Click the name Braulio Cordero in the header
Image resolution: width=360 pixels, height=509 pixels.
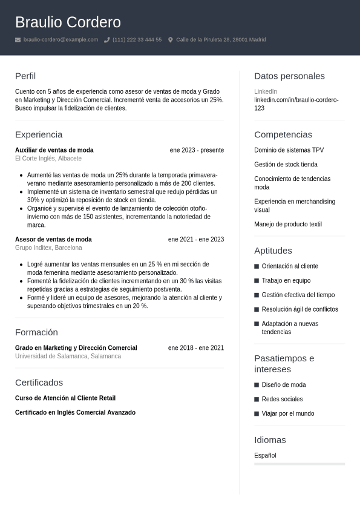click(68, 22)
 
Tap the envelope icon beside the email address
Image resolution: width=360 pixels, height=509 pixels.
click(18, 40)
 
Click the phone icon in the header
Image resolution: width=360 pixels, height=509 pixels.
click(107, 40)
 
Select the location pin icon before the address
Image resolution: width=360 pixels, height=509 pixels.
click(171, 40)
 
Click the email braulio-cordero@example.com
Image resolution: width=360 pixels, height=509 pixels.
click(61, 40)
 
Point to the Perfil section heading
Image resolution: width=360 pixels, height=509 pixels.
click(25, 76)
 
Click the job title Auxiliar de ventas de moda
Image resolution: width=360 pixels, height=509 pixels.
click(54, 150)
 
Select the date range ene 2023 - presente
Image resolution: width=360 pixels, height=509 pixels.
click(197, 150)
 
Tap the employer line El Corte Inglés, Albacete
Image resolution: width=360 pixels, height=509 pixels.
click(48, 159)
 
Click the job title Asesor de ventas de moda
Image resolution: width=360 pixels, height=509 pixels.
click(53, 240)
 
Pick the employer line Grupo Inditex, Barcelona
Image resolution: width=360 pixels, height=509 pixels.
click(48, 248)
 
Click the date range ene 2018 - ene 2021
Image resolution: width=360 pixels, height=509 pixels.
click(196, 348)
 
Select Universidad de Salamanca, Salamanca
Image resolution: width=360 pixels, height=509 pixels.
click(68, 356)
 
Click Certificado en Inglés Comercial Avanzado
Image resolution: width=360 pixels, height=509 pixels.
click(75, 413)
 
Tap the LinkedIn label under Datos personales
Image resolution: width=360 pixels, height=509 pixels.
click(266, 91)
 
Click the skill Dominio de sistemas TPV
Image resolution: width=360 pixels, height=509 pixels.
click(289, 150)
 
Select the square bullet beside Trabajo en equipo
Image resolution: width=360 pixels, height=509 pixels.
click(257, 281)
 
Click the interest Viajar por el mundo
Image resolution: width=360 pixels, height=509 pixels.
click(288, 414)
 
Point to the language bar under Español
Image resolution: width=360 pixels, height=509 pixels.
click(299, 464)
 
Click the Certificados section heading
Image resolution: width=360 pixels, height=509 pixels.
click(39, 383)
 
